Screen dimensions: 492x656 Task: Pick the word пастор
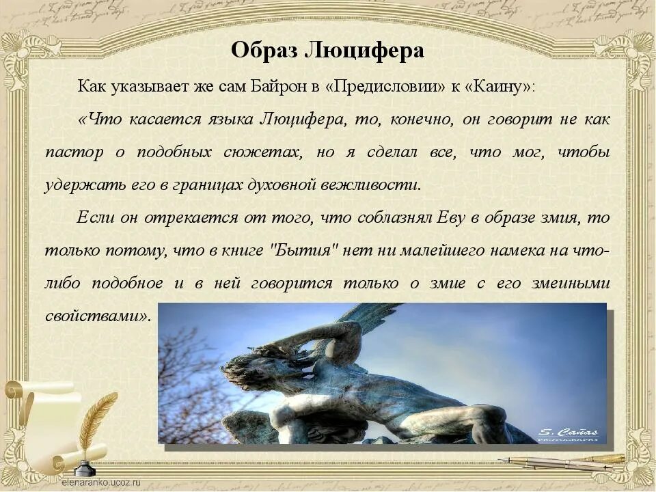click(x=74, y=152)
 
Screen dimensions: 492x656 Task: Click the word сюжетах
click(x=262, y=152)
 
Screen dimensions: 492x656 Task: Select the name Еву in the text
click(x=423, y=218)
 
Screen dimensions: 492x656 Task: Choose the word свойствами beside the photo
click(x=96, y=316)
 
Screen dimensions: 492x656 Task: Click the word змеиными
click(x=573, y=283)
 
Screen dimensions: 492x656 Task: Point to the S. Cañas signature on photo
click(x=567, y=432)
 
